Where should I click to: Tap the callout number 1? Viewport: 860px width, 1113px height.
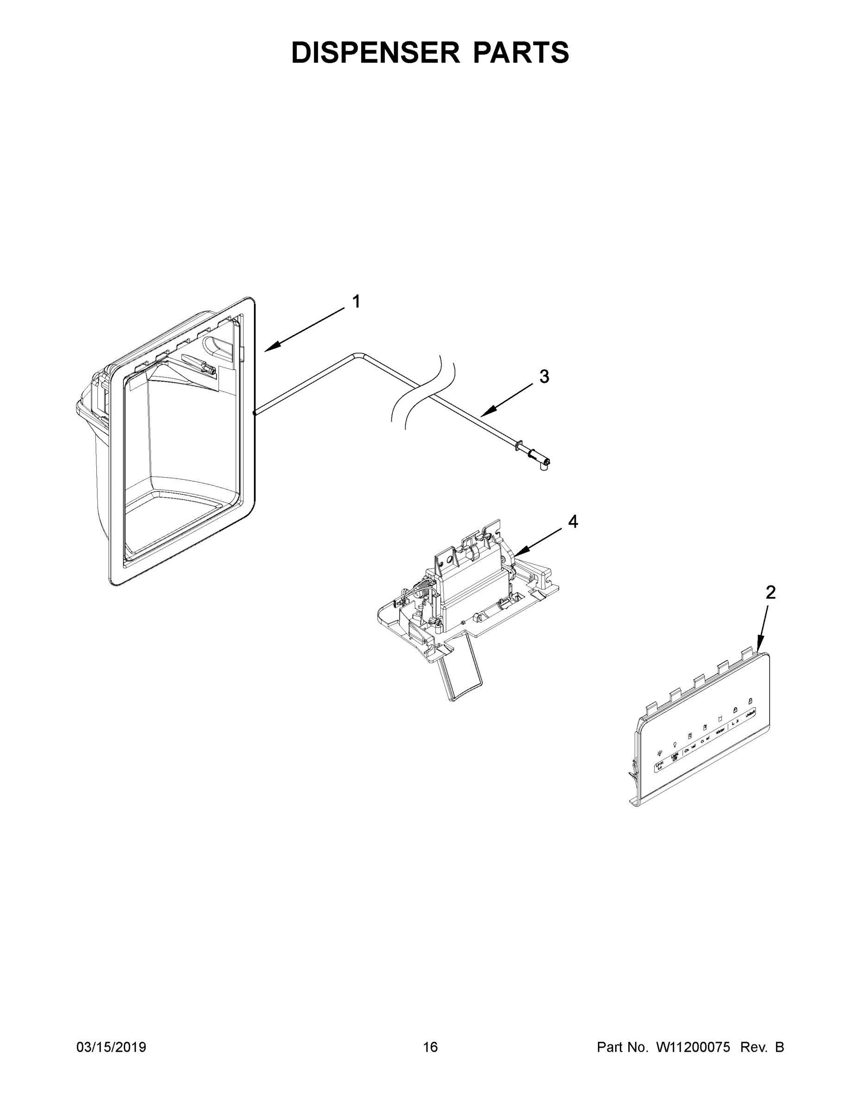coord(357,302)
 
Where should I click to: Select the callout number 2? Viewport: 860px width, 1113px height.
coord(771,592)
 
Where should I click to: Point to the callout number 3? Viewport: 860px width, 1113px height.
coord(544,377)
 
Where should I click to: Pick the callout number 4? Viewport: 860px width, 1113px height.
coord(573,521)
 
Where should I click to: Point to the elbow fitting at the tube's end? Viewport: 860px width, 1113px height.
coord(545,463)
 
